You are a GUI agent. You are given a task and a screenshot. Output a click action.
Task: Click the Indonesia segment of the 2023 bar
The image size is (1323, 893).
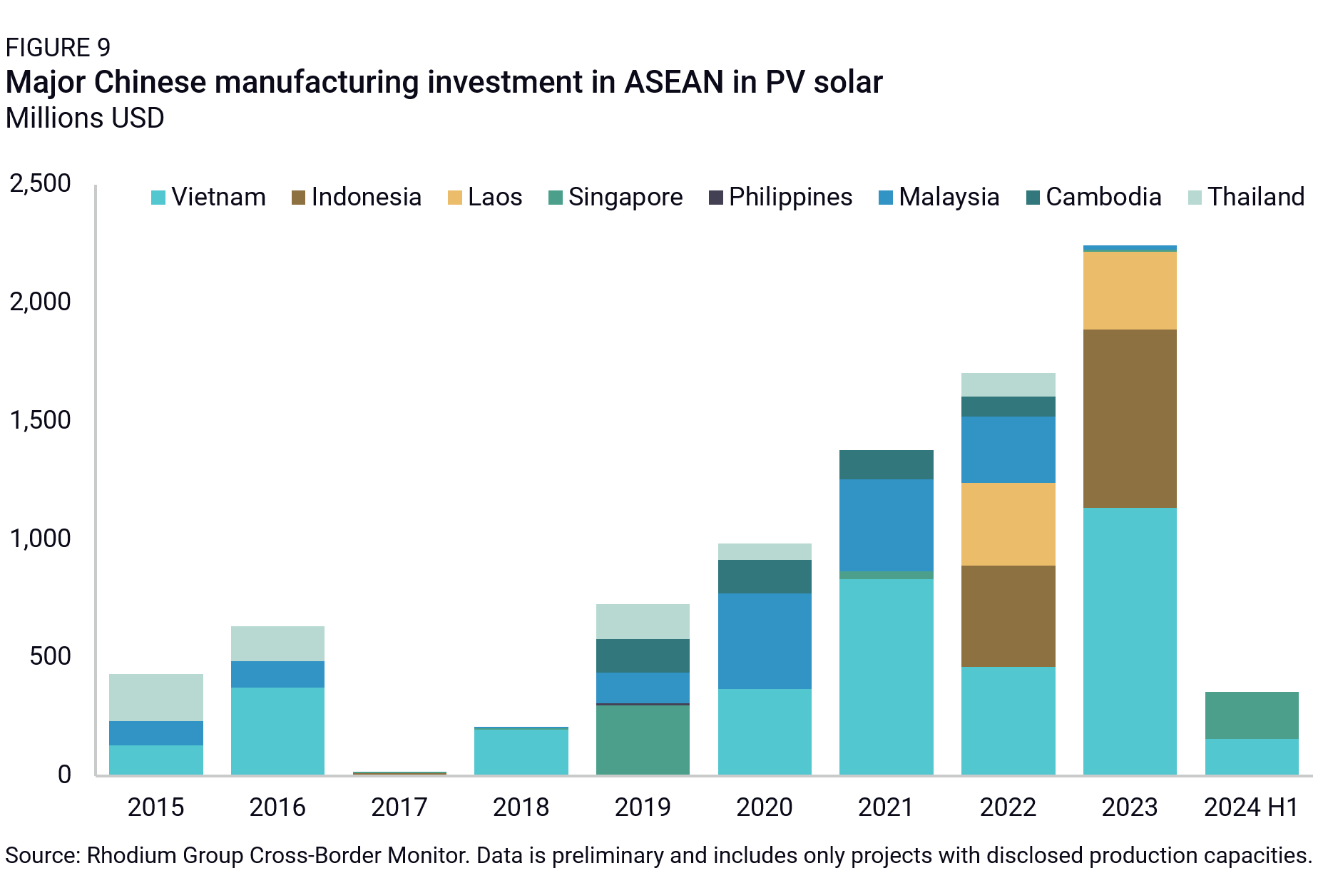tap(1130, 419)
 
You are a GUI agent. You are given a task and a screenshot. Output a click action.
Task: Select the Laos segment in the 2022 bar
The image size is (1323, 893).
tap(1008, 524)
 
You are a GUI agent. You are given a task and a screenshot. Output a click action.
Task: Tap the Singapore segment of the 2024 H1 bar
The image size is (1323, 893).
tap(1251, 715)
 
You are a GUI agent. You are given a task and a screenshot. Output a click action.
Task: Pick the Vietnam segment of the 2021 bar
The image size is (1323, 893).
tap(886, 676)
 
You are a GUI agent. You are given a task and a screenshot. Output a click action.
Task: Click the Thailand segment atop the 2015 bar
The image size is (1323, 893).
tap(155, 697)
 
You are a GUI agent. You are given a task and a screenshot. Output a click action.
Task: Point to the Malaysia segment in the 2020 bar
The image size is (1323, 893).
tap(765, 641)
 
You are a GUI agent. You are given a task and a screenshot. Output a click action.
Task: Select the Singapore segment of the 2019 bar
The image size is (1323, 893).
tap(643, 740)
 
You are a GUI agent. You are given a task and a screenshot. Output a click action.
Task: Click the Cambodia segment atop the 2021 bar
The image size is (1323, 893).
tap(886, 464)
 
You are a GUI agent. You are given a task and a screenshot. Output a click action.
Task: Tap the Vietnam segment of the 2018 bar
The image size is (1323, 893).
tap(521, 752)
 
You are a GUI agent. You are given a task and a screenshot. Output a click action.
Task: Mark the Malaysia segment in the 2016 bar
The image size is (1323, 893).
tap(277, 674)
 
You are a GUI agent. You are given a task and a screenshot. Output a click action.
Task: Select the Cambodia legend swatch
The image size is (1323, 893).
tap(1033, 198)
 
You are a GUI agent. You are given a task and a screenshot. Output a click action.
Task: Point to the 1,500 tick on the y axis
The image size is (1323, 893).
tap(41, 420)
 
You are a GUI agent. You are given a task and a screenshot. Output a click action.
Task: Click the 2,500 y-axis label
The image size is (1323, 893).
tap(41, 183)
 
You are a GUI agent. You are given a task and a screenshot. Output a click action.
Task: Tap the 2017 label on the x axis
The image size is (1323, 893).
tap(399, 807)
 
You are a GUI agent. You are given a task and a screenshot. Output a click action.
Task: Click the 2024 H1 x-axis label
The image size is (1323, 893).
tap(1251, 807)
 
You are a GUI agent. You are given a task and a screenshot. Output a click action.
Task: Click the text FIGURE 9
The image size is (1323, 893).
tap(58, 48)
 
